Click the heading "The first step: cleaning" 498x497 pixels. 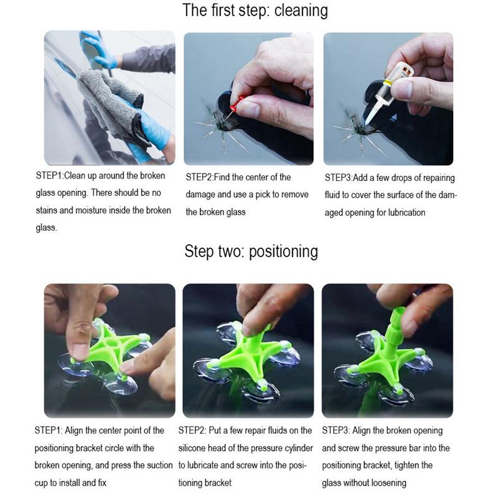[255, 11]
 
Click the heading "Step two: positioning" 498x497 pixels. [251, 251]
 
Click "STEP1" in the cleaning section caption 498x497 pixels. [49, 175]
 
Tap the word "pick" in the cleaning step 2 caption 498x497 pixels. [262, 194]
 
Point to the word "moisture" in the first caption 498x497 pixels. [91, 210]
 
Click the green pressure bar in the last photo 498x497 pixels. [393, 328]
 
